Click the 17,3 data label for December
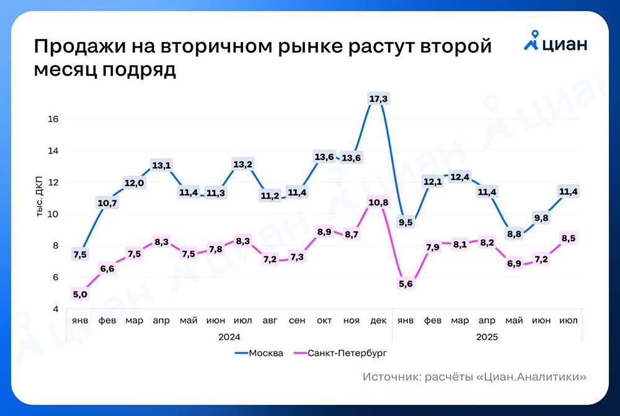[378, 99]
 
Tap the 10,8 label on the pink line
[378, 203]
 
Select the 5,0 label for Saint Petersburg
[80, 294]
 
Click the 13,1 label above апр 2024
[162, 165]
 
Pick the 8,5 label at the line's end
[569, 237]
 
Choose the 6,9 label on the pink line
[514, 263]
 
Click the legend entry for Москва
[260, 353]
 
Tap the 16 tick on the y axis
[53, 119]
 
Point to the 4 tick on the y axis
[55, 309]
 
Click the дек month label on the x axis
[378, 321]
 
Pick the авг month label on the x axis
[270, 321]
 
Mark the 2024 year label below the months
[229, 337]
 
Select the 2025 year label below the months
[487, 337]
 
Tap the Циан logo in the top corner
[556, 43]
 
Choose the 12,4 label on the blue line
[460, 177]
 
